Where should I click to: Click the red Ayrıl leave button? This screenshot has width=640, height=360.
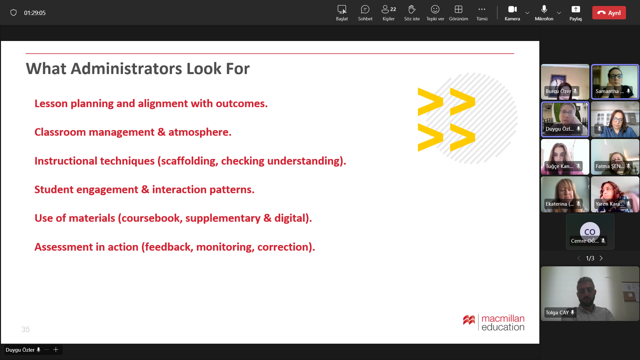tap(609, 13)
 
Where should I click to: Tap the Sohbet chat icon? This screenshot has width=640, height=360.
tap(365, 9)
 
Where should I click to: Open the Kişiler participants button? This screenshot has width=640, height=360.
tap(389, 9)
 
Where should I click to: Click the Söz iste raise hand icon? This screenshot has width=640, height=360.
tap(412, 9)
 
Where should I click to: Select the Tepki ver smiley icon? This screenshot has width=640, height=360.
tap(435, 9)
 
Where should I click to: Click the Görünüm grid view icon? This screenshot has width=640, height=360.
tap(458, 9)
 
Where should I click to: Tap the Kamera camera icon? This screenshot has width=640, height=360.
tap(512, 9)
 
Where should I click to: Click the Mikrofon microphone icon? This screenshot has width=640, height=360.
tap(544, 9)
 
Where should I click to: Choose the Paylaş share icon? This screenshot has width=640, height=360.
tap(576, 9)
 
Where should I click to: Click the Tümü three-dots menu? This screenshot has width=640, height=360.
tap(482, 9)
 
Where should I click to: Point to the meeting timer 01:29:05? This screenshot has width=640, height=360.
tap(35, 13)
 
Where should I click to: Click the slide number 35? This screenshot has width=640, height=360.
tap(26, 329)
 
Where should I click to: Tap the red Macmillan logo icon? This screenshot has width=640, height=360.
tap(469, 320)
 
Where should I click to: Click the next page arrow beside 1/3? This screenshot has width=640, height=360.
tap(601, 258)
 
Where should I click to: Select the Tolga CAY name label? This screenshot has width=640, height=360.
tap(557, 313)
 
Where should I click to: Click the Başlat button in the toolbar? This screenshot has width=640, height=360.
tap(342, 13)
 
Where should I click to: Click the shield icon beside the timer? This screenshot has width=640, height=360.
tap(13, 13)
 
